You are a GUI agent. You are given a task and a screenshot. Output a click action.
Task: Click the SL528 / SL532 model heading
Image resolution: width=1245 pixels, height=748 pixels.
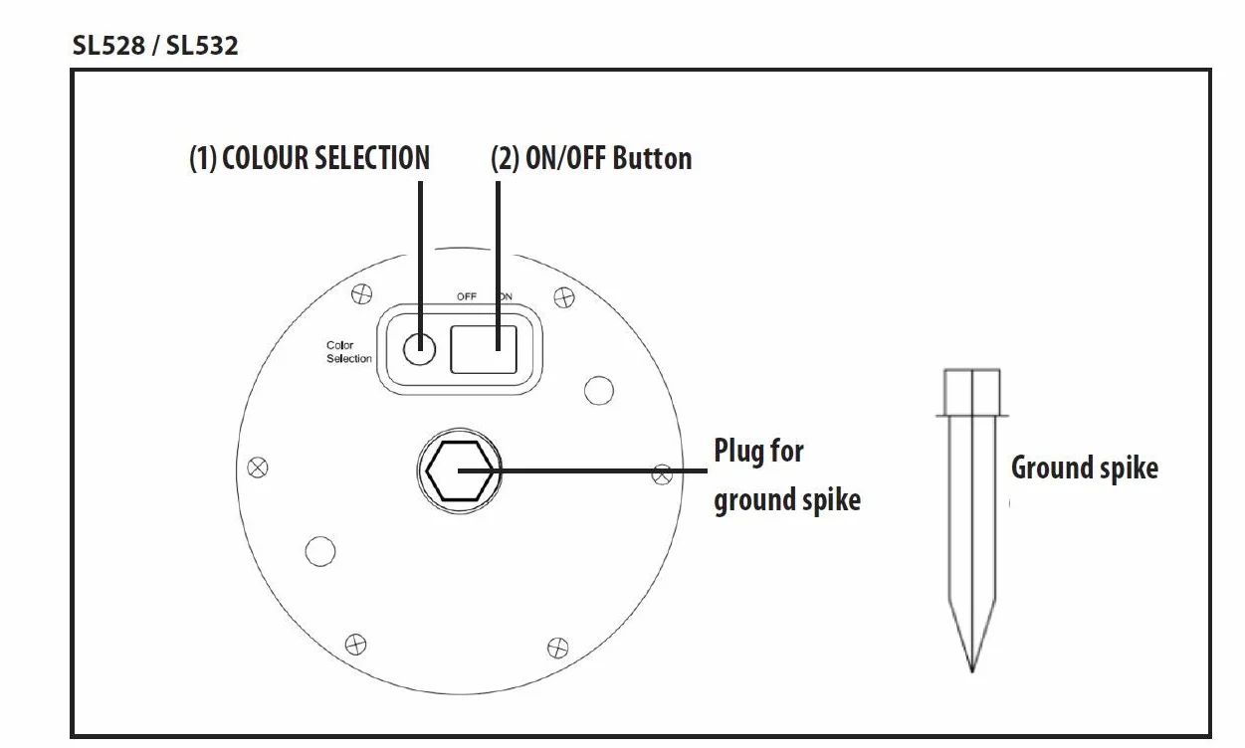click(155, 46)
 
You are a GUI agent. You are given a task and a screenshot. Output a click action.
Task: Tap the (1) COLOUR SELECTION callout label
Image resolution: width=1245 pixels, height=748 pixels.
click(310, 158)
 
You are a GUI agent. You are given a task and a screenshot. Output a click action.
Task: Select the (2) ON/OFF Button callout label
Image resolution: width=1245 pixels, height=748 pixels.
click(591, 158)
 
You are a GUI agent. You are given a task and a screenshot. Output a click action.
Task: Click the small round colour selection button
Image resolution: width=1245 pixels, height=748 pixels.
click(419, 349)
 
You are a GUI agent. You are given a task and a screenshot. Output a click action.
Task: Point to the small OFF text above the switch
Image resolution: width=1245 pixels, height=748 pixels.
click(467, 296)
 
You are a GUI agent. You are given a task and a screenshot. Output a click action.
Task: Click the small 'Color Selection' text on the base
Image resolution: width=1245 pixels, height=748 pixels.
click(349, 352)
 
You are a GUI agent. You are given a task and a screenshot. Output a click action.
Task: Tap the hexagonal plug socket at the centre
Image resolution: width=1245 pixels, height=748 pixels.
click(459, 470)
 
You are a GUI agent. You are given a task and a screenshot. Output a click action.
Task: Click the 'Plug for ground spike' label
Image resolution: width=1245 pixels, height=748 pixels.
click(787, 474)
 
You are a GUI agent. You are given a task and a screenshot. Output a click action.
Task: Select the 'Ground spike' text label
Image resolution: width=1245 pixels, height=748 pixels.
click(1085, 467)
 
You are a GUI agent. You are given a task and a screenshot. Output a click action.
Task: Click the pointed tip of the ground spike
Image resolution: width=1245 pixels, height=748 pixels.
click(972, 672)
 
